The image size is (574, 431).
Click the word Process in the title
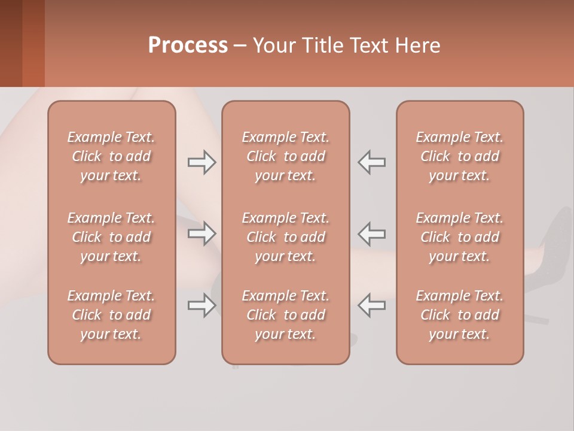pyautogui.click(x=188, y=45)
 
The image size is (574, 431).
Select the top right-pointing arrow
pyautogui.click(x=201, y=162)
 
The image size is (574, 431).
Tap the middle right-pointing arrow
pyautogui.click(x=201, y=233)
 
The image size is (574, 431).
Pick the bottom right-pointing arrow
pyautogui.click(x=201, y=305)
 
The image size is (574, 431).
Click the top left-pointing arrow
pyautogui.click(x=372, y=162)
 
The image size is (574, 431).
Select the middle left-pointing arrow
pyautogui.click(x=372, y=233)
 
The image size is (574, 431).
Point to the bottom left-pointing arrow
pyautogui.click(x=372, y=305)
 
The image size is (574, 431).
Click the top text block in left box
pyautogui.click(x=111, y=156)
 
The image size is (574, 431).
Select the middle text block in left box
pyautogui.click(x=111, y=237)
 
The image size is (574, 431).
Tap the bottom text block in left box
pyautogui.click(x=111, y=315)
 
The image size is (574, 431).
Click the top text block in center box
pyautogui.click(x=285, y=156)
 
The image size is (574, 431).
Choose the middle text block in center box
pyautogui.click(x=285, y=237)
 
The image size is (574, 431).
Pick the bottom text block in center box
pyautogui.click(x=285, y=315)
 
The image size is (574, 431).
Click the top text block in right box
pyautogui.click(x=459, y=156)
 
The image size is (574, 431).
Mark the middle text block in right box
pyautogui.click(x=459, y=237)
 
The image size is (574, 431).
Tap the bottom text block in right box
pyautogui.click(x=459, y=315)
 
